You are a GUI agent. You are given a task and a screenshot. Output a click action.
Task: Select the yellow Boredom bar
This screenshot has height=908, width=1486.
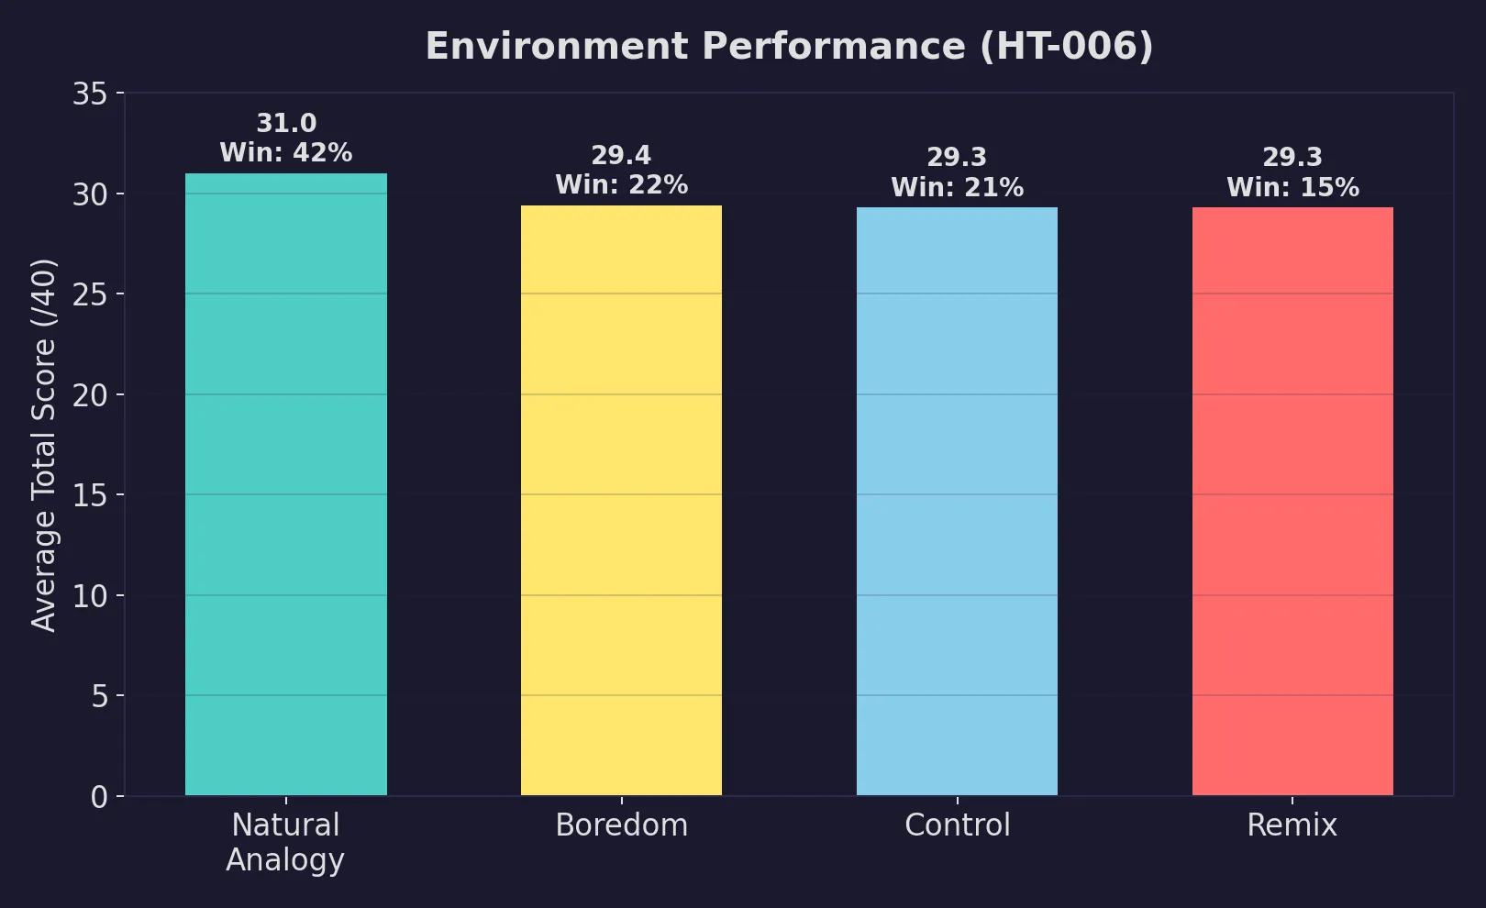tap(621, 500)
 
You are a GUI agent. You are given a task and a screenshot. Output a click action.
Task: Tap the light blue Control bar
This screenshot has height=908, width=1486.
tap(957, 501)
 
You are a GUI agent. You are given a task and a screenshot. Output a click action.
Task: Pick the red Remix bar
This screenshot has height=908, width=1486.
tap(1292, 501)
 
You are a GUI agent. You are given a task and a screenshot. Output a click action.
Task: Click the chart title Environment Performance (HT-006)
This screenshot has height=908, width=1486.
tap(789, 46)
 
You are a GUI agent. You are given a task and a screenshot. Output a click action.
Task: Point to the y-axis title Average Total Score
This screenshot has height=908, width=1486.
tap(44, 445)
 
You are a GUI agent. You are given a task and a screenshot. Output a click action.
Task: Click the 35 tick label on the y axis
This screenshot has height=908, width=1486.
tap(90, 94)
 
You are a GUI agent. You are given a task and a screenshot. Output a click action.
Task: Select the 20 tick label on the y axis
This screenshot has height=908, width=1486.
tap(90, 395)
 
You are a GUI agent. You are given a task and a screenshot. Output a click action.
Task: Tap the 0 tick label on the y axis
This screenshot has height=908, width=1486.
tap(99, 797)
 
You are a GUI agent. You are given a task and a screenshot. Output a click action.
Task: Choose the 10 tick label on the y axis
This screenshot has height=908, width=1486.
tap(90, 596)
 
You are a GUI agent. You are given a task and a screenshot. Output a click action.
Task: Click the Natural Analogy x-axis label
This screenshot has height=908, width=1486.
tap(285, 842)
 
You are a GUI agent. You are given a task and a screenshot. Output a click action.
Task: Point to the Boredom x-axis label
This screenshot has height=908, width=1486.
tap(621, 825)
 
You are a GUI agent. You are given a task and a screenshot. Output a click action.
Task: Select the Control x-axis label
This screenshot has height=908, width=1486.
tap(957, 825)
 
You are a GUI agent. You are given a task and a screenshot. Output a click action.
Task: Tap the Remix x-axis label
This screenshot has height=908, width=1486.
tap(1292, 825)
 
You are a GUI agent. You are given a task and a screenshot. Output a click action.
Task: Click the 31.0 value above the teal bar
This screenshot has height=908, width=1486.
tap(286, 123)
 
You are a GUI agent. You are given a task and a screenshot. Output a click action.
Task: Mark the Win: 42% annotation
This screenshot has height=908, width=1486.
tap(286, 152)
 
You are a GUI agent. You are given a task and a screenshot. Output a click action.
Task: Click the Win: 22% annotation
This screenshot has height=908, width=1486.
tap(621, 185)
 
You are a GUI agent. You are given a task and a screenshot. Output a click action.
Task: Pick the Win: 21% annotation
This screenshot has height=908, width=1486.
tap(957, 188)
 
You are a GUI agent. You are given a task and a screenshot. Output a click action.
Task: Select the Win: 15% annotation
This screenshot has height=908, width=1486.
tap(1292, 188)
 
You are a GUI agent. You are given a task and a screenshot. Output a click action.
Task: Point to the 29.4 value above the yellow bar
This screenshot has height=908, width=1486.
tap(621, 156)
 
